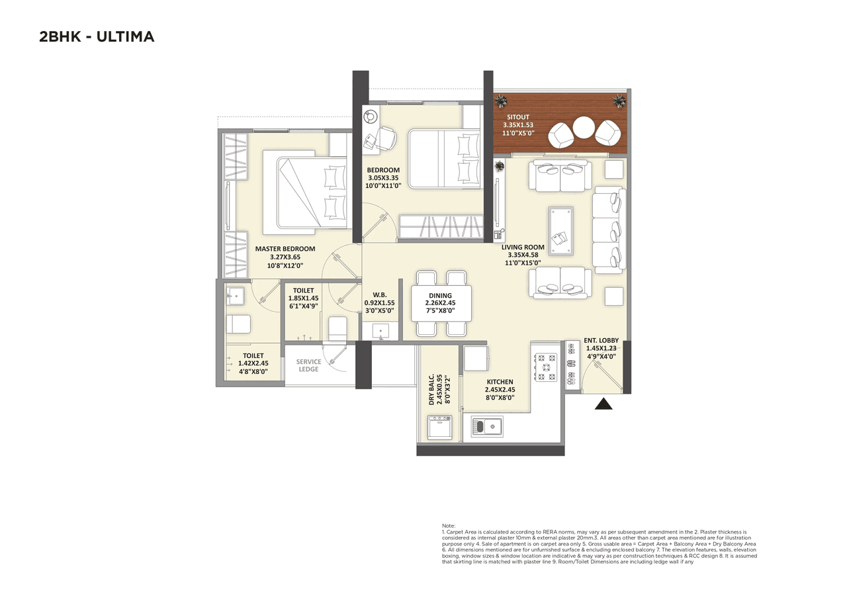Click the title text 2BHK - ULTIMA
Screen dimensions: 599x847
coord(97,37)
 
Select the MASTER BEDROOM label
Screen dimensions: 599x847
coord(285,249)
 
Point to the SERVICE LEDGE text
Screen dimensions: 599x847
coord(308,365)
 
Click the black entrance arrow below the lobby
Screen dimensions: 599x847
coord(603,403)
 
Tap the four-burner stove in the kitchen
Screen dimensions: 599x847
coord(547,367)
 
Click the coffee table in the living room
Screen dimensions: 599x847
coord(560,230)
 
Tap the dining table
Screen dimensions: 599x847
coord(441,303)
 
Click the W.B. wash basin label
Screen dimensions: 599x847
coord(379,295)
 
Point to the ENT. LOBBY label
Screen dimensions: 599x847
coord(601,340)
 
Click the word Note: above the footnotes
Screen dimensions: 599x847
coord(449,526)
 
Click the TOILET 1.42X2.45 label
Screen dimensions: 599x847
coord(253,363)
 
